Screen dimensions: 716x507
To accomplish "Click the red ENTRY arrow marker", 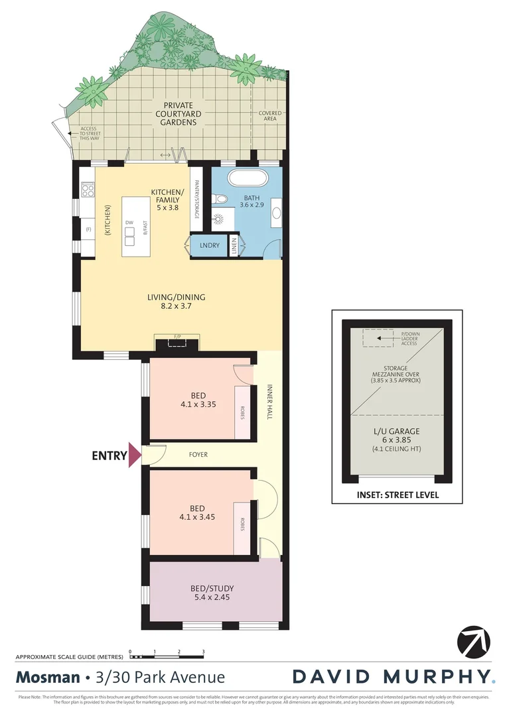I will pyautogui.click(x=135, y=455).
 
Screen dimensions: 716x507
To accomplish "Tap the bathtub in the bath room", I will pyautogui.click(x=247, y=179).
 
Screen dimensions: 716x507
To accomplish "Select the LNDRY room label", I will pyautogui.click(x=209, y=245).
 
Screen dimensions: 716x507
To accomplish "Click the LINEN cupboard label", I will pyautogui.click(x=234, y=245).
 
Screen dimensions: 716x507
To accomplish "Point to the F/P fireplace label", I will pyautogui.click(x=177, y=337).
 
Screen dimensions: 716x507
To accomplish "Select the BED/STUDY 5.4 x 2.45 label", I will pyautogui.click(x=212, y=592).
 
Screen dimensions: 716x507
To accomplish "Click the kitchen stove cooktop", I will pyautogui.click(x=87, y=190).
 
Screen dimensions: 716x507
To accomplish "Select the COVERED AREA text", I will pyautogui.click(x=269, y=116).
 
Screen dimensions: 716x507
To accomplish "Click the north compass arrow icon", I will pyautogui.click(x=474, y=641).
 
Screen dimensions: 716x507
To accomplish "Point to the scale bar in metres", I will pyautogui.click(x=167, y=657).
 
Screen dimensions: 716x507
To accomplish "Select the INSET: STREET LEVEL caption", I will pyautogui.click(x=397, y=495).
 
